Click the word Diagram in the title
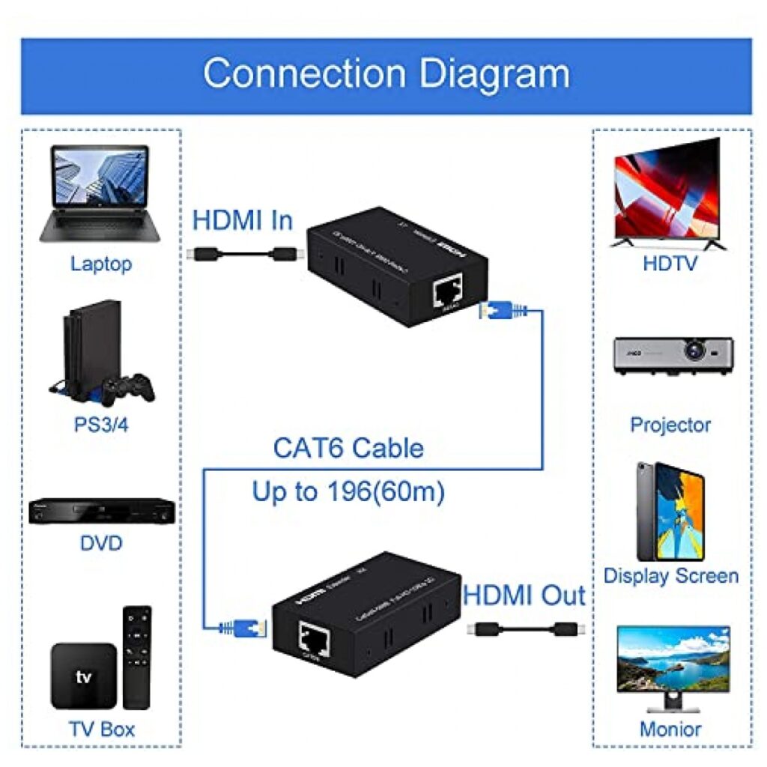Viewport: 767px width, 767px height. [x=494, y=74]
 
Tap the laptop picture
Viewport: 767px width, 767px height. [x=100, y=193]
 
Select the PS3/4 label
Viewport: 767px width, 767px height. [x=101, y=425]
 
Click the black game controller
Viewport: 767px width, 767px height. [x=129, y=387]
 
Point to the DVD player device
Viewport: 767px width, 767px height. [x=102, y=512]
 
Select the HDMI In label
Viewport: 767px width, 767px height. [x=243, y=221]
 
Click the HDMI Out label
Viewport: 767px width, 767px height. [x=524, y=596]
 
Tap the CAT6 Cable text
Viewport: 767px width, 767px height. [x=348, y=449]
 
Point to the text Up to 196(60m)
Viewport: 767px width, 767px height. [x=348, y=492]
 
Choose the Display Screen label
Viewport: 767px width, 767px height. [x=671, y=576]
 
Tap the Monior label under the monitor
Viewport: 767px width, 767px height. [x=671, y=729]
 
